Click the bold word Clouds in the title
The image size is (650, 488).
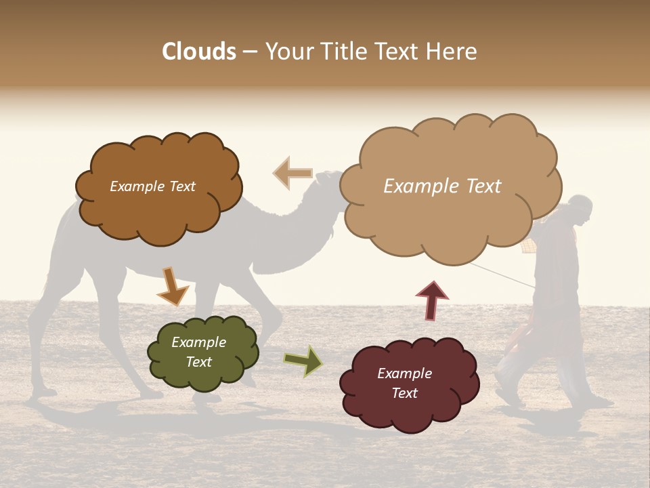pos(199,52)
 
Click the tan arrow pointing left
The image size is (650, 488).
pos(292,173)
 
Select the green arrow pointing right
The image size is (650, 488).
pos(303,361)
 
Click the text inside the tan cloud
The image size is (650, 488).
pos(442,186)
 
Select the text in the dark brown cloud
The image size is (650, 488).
pos(152,186)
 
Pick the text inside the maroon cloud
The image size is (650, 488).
pos(404,383)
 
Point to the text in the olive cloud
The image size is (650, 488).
pos(198,352)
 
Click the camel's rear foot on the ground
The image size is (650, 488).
pos(44,391)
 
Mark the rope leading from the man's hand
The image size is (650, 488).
pos(501,274)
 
